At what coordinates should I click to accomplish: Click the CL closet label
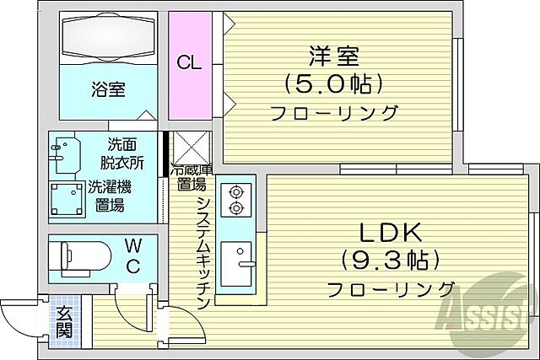tap(189, 62)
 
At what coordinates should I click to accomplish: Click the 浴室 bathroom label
tap(107, 88)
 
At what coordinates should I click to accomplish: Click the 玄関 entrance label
tap(64, 321)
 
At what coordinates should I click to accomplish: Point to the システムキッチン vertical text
tap(203, 253)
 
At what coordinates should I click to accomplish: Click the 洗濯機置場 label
tap(107, 195)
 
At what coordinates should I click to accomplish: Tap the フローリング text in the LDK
tap(393, 288)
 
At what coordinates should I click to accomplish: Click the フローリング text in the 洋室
tap(334, 113)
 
